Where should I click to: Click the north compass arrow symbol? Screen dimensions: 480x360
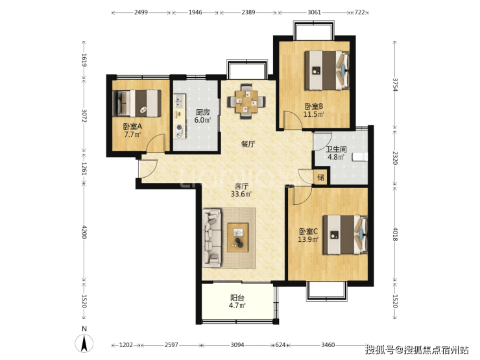pos(84,343)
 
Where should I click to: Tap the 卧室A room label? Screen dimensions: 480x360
pos(132,126)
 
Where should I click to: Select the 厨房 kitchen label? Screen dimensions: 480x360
pos(202,112)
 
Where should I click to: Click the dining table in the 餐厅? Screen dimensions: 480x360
pos(246,101)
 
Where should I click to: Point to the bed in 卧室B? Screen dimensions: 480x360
pos(327,71)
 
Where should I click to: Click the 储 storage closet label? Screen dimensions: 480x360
pos(320,177)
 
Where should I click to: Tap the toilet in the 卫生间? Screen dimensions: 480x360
pos(360,157)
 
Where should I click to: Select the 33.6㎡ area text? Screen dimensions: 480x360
pos(241,194)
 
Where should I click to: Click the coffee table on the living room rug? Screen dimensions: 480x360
pos(237,237)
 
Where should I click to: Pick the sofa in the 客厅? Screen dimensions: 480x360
pos(212,237)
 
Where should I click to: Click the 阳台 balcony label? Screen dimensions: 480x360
pos(237,297)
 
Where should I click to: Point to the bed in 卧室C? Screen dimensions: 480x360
pos(345,235)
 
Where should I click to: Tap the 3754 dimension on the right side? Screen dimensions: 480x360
pos(395,85)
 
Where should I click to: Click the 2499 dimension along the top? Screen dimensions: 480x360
pos(141,12)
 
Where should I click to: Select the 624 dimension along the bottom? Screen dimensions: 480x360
pos(280,345)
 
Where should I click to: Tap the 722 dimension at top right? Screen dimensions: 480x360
pos(360,12)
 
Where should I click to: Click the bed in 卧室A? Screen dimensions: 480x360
pos(137,103)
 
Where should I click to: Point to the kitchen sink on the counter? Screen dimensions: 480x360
pos(180,101)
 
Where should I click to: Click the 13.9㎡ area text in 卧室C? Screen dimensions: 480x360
pos(308,239)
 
